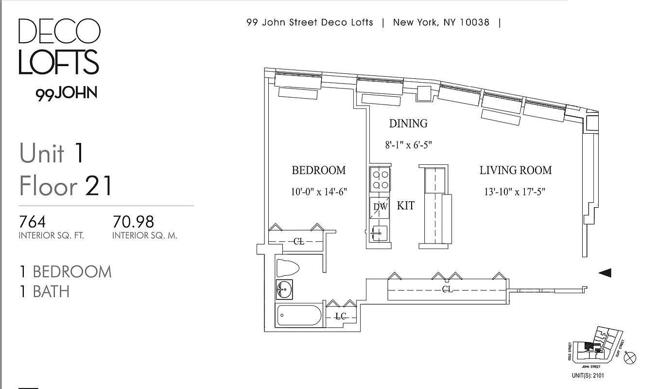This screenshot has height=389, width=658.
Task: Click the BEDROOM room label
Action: [x=318, y=170]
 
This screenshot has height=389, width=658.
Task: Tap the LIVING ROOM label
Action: [x=516, y=170]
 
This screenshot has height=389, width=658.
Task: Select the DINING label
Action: [x=408, y=124]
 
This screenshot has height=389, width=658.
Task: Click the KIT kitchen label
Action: [x=406, y=206]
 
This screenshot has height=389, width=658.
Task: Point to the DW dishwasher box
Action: [x=380, y=207]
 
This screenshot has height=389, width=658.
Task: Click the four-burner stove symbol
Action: [x=380, y=179]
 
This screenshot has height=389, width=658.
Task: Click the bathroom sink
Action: [x=285, y=290]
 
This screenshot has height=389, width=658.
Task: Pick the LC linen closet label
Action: [x=341, y=317]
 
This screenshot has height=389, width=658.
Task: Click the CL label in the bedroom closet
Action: [x=299, y=241]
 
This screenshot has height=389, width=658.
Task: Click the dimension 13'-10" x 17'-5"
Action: [x=515, y=192]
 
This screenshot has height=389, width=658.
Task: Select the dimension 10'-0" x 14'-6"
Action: [x=318, y=192]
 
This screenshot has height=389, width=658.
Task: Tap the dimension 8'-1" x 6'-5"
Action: [x=408, y=145]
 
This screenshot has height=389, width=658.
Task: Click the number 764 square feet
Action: [x=32, y=222]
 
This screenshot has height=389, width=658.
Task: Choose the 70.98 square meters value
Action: [x=133, y=222]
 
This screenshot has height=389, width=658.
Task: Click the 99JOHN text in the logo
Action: [x=66, y=93]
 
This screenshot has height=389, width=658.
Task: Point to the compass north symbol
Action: [x=630, y=358]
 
